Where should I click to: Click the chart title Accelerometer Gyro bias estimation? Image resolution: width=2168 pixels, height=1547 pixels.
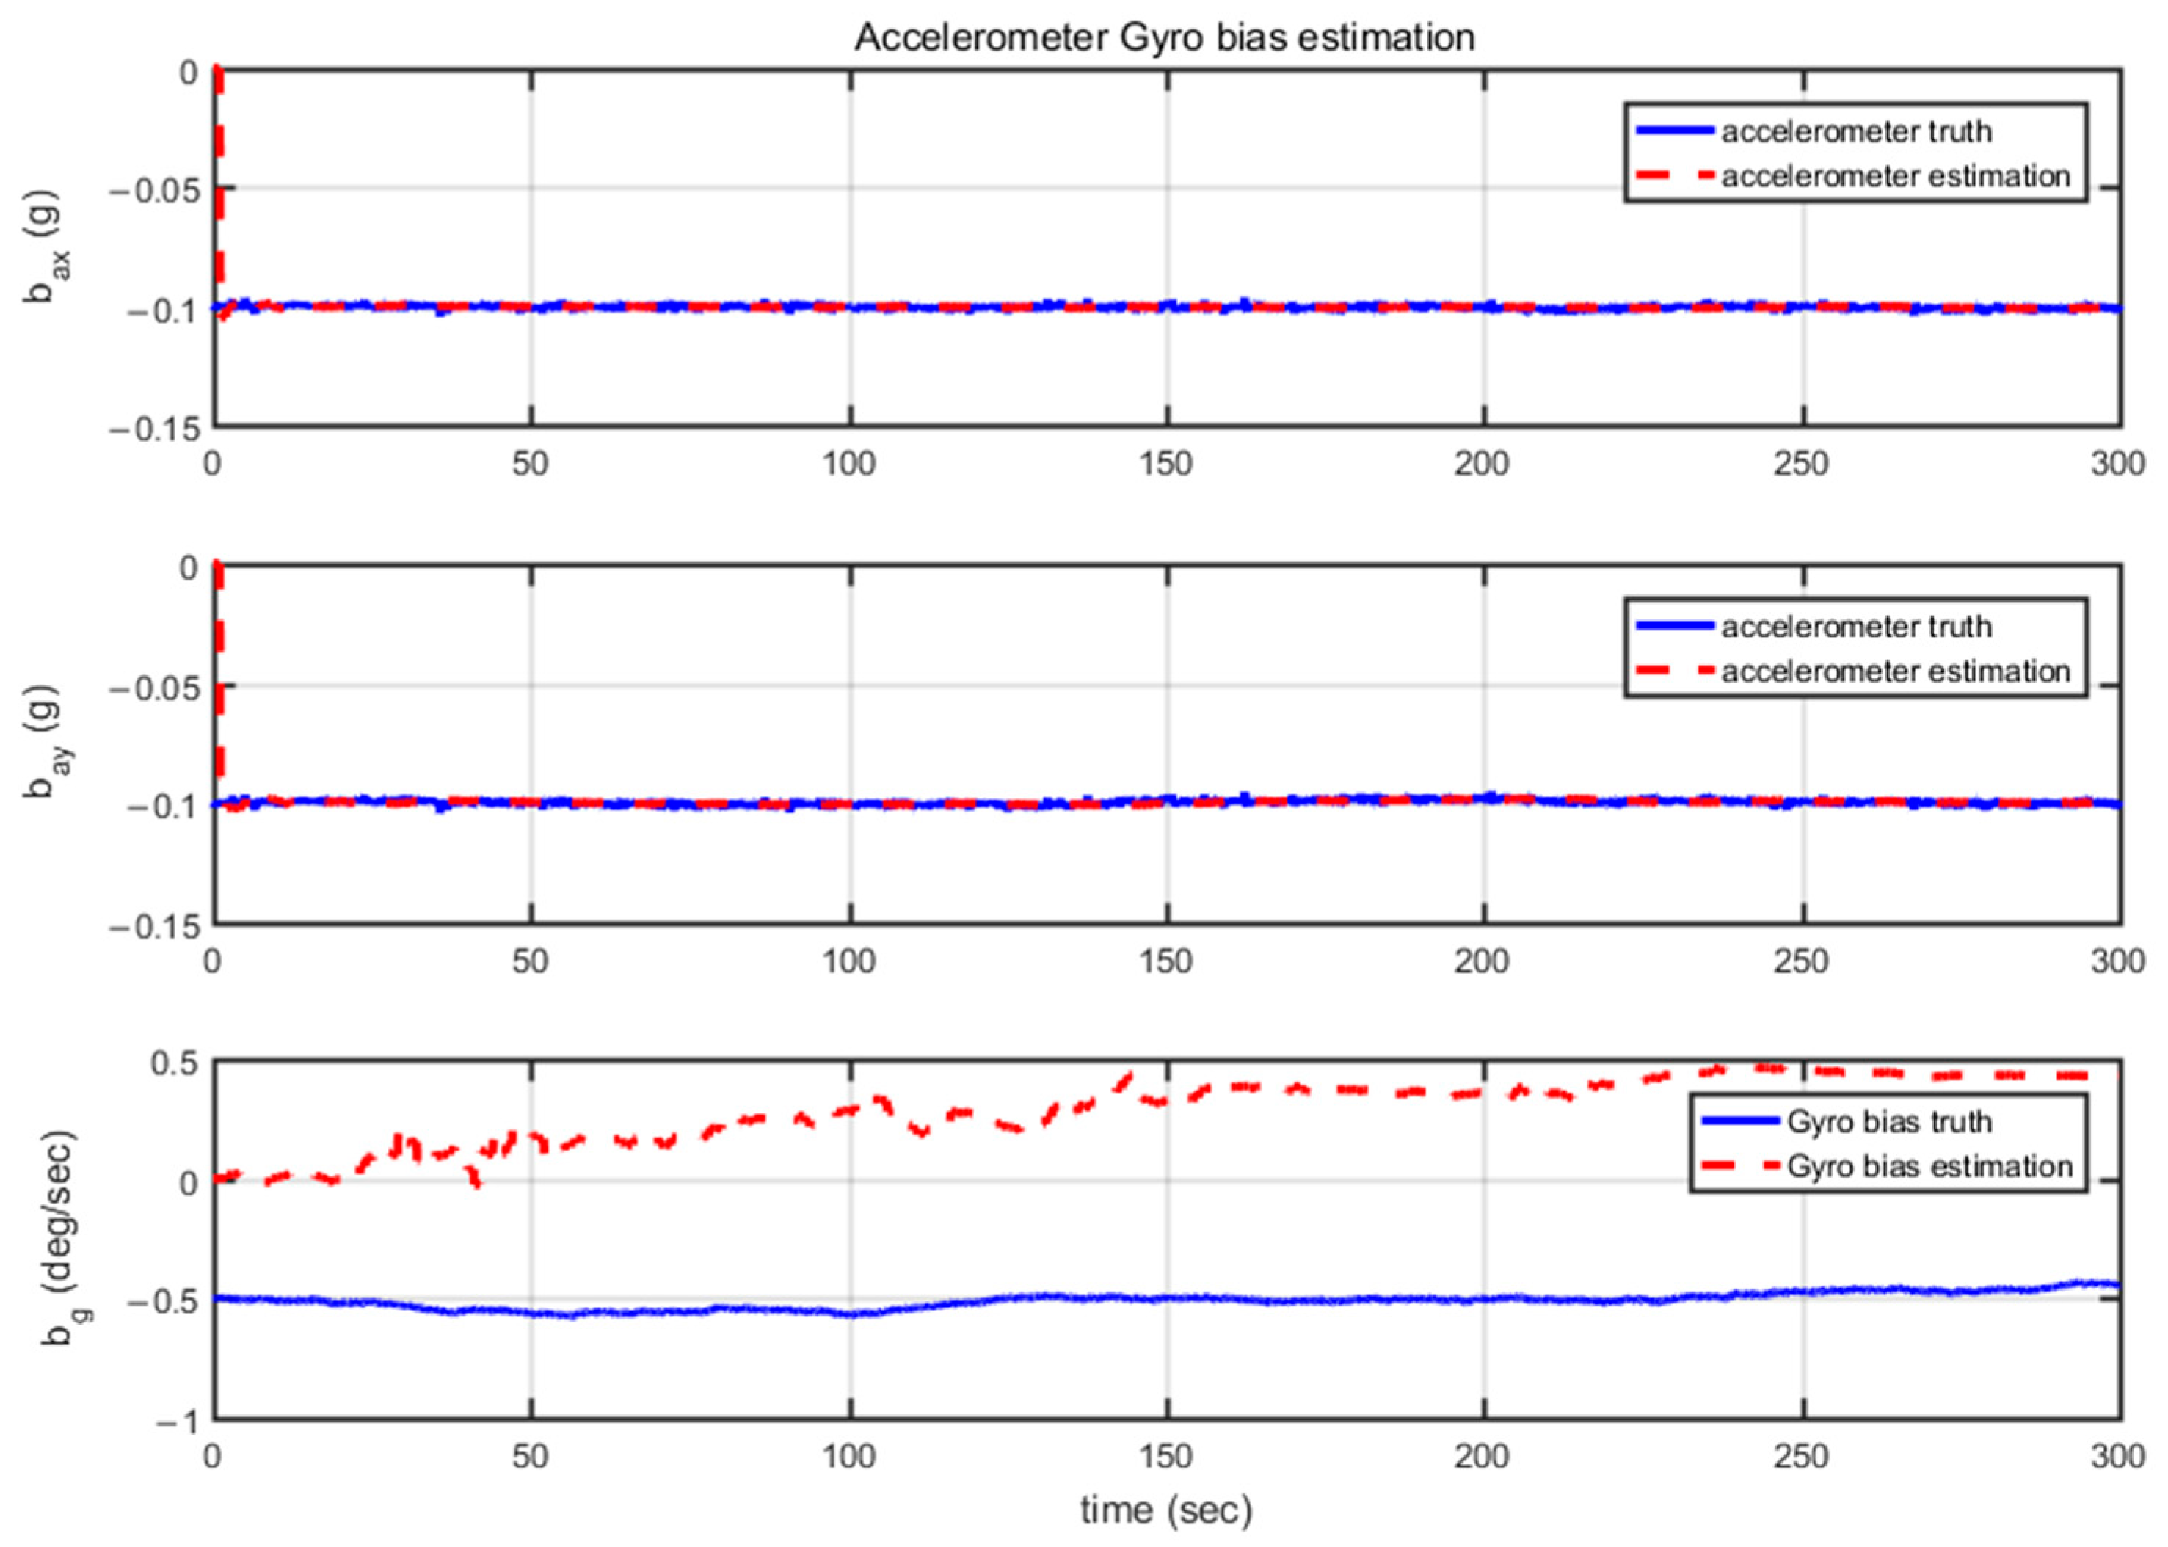point(1164,38)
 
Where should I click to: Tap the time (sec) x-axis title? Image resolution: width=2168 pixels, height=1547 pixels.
point(1166,1509)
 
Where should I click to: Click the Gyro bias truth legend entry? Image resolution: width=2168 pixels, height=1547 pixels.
point(1889,1121)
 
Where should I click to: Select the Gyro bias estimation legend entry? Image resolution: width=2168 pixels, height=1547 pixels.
point(1929,1166)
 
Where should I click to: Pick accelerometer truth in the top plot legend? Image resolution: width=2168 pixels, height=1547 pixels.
point(1855,131)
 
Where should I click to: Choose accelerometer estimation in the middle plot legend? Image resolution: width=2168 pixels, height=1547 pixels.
point(1895,671)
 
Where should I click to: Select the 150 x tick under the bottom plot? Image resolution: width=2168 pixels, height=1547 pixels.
point(1166,1457)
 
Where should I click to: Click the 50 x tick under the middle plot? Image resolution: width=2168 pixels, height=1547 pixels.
point(531,962)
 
